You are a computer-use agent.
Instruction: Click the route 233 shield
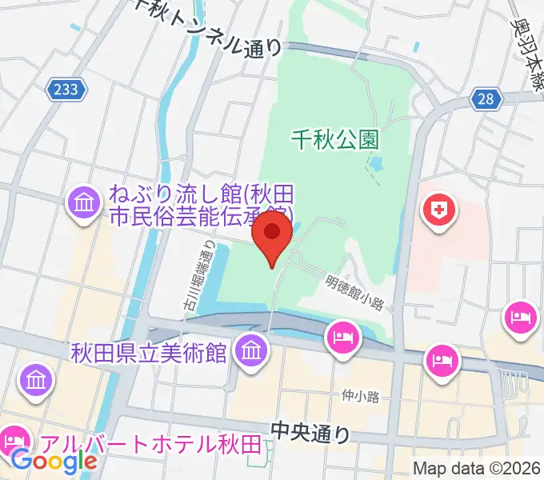pyautogui.click(x=66, y=90)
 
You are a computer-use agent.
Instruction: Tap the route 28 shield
pyautogui.click(x=486, y=98)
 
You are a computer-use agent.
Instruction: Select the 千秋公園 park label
pyautogui.click(x=333, y=141)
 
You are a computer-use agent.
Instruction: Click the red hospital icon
pyautogui.click(x=439, y=212)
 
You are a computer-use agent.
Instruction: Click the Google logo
pyautogui.click(x=54, y=460)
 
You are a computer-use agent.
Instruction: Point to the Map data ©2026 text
pyautogui.click(x=476, y=467)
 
